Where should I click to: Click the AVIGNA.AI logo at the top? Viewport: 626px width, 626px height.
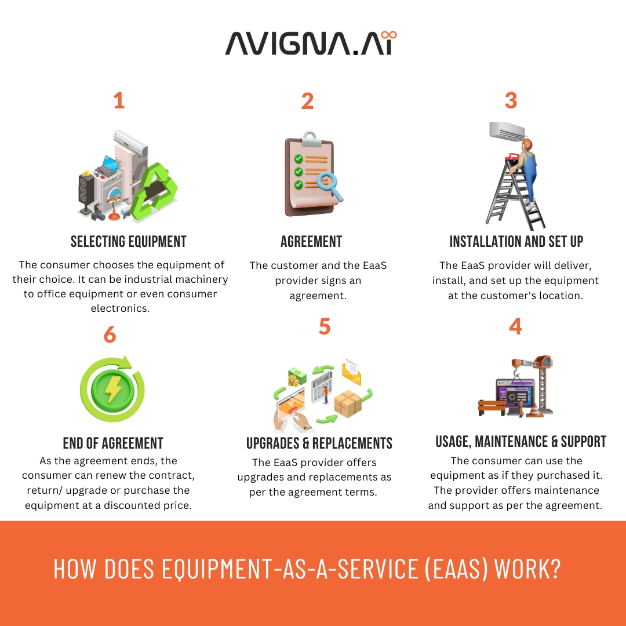pyautogui.click(x=311, y=43)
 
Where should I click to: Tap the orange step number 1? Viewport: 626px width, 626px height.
pyautogui.click(x=119, y=101)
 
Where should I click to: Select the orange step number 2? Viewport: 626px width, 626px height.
pyautogui.click(x=307, y=101)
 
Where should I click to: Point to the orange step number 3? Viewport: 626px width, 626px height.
pyautogui.click(x=511, y=100)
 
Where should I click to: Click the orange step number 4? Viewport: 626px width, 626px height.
pyautogui.click(x=515, y=326)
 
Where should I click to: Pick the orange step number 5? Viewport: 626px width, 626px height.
pyautogui.click(x=324, y=326)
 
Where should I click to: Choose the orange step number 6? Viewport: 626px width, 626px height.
pyautogui.click(x=110, y=334)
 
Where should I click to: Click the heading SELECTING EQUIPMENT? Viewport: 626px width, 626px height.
pyautogui.click(x=129, y=242)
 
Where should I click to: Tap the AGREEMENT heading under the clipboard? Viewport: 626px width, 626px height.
pyautogui.click(x=311, y=242)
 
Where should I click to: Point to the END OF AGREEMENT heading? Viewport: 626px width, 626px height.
pyautogui.click(x=113, y=443)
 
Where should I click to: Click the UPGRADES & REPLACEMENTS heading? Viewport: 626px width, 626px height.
pyautogui.click(x=319, y=443)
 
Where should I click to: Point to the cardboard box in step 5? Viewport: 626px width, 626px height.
pyautogui.click(x=347, y=403)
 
